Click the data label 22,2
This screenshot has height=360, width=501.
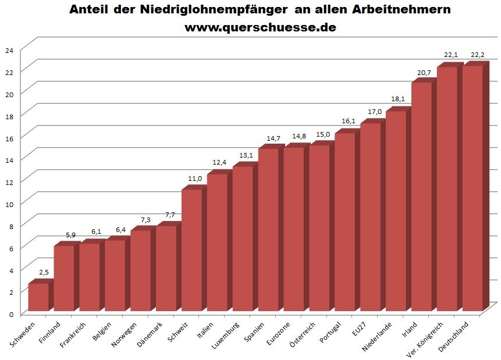[x=477, y=54]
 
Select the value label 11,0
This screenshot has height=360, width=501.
[x=196, y=179]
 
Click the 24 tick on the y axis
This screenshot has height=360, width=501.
[x=9, y=50]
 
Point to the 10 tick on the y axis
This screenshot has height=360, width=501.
[x=9, y=202]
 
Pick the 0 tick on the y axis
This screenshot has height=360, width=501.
[x=10, y=315]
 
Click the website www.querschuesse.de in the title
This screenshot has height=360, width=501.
[x=260, y=27]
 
